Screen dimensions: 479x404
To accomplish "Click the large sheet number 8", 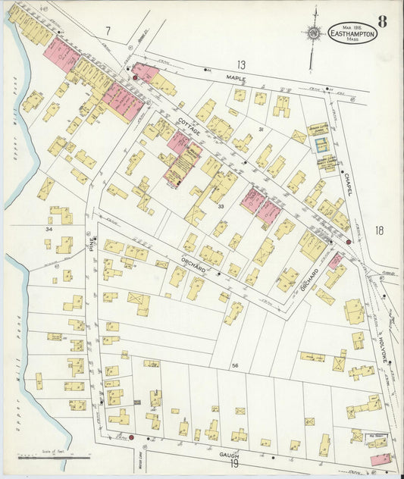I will pos(382,22).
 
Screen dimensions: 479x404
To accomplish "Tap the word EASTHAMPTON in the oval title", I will pos(352,33).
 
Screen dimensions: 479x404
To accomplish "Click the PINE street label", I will pos(92,243).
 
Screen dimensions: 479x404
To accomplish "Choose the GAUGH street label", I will pos(230,454).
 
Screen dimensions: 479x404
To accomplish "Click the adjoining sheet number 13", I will pos(241,64).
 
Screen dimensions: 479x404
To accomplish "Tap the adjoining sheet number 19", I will pos(234,464).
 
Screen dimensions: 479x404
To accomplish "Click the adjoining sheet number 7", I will pos(108,31).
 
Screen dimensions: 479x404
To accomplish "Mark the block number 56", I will pos(235,366).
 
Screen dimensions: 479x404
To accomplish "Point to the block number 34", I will pos(50,228).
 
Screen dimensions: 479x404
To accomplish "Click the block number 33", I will pos(221,206).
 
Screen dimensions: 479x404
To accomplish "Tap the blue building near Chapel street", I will pos(326,161).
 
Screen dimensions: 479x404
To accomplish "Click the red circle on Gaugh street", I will pos(131,437).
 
